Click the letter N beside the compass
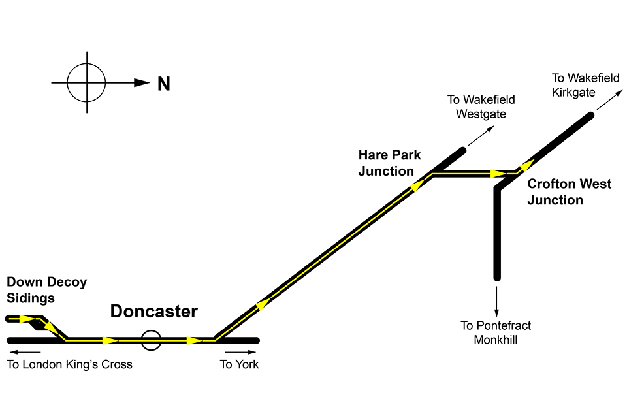[x=163, y=84]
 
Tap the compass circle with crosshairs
[x=86, y=83]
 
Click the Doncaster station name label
[x=153, y=312]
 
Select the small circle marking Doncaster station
[x=151, y=340]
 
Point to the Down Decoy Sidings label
[x=46, y=290]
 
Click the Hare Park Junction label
[x=389, y=163]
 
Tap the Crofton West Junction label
[x=569, y=192]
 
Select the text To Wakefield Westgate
[x=481, y=106]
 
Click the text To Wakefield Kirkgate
[x=585, y=85]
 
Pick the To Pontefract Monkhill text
[x=496, y=332]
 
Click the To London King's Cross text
[x=69, y=364]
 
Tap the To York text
[x=239, y=364]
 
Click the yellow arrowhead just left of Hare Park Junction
[x=415, y=187]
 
